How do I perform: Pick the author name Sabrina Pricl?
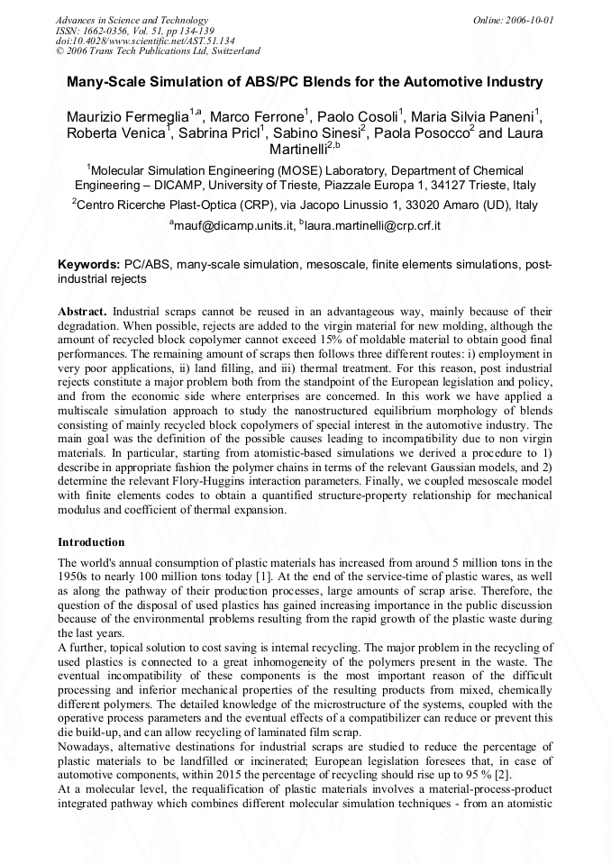218,134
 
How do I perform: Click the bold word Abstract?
84,311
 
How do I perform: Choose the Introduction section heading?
91,542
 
